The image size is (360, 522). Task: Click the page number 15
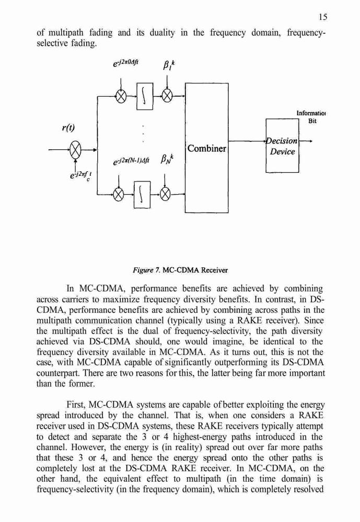323,17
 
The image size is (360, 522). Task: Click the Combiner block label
207,148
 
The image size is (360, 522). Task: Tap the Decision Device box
282,146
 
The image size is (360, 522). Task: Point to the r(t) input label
68,127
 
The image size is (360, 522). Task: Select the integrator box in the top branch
145,96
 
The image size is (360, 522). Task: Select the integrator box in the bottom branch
142,194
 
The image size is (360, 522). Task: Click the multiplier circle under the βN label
165,194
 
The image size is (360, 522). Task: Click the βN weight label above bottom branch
168,159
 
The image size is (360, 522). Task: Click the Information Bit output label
311,117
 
